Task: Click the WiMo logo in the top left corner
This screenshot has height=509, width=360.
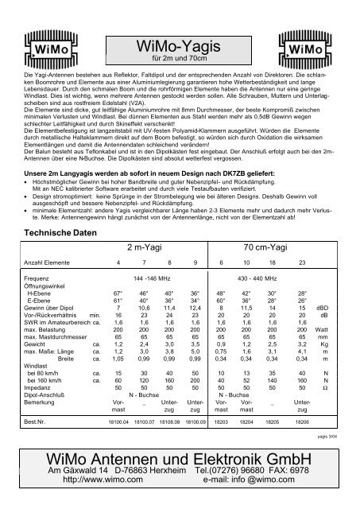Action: tap(43, 51)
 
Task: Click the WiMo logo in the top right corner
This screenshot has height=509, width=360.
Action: tap(315, 51)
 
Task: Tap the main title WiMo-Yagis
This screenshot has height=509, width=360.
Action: tap(180, 44)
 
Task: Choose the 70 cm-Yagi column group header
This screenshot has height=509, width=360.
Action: tap(265, 247)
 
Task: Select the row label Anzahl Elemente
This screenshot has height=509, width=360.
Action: tap(47, 262)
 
